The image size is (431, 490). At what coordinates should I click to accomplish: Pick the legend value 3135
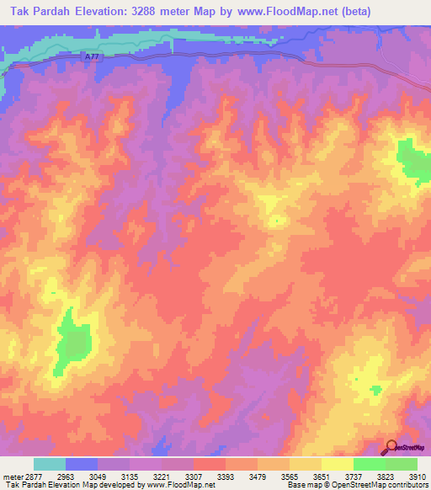coord(130,477)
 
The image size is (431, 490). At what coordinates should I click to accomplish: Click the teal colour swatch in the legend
coord(50,464)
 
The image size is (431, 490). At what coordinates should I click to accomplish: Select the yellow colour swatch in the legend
coord(338,464)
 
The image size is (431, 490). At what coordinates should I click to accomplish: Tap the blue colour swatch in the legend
coord(82,464)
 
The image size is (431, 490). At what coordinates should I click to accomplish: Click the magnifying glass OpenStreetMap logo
coord(391,447)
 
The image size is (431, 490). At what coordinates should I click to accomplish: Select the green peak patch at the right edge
coord(413,160)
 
